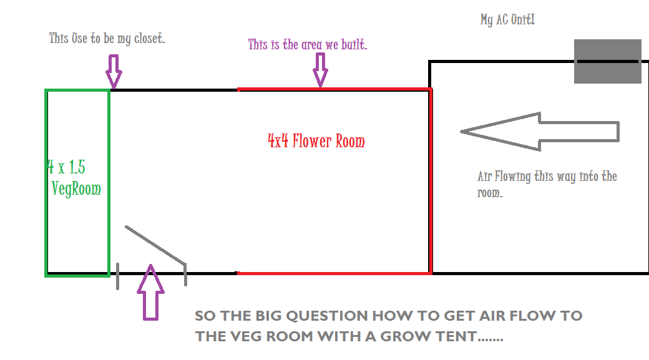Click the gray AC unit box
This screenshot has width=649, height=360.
coord(608,61)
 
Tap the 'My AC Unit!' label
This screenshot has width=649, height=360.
coord(507,19)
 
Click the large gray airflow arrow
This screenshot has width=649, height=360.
coord(540,132)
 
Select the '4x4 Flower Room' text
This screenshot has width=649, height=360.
coord(316,141)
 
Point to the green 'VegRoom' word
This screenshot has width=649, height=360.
coord(76,188)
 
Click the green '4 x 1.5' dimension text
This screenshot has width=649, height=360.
coord(66,167)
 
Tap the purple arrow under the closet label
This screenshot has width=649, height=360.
coord(114,71)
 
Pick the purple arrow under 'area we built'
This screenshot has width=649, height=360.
coord(320,70)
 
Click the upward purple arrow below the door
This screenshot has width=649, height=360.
coord(150,292)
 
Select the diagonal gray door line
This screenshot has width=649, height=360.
coord(155,245)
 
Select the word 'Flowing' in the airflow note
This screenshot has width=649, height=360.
coord(512,177)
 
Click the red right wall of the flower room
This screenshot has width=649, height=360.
coord(431,181)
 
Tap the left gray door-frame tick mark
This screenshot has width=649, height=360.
coord(118,276)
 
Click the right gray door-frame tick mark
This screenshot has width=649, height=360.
coord(185,275)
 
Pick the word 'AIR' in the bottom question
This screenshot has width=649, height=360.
coord(492,316)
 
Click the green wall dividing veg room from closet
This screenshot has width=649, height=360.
coord(109,182)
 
